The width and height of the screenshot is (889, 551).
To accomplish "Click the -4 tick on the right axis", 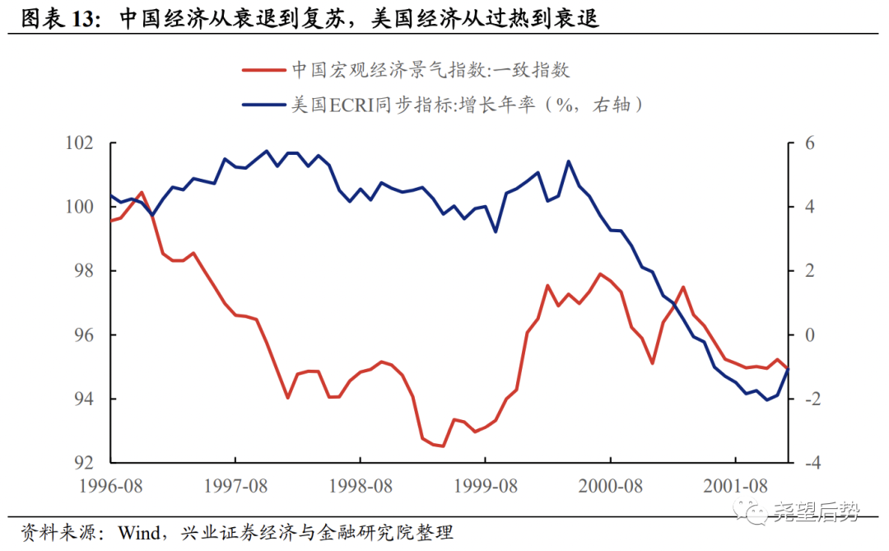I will click(x=803, y=463).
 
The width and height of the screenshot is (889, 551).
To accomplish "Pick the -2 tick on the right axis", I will click(x=803, y=399).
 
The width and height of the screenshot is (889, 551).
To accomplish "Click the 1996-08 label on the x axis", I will click(x=112, y=486).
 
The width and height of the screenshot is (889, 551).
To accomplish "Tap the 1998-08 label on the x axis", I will click(x=361, y=486).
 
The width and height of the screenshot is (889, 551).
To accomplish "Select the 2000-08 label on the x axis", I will click(x=610, y=486).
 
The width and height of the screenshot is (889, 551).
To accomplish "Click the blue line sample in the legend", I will click(x=263, y=105).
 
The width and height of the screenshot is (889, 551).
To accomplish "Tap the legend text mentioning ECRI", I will click(x=467, y=105).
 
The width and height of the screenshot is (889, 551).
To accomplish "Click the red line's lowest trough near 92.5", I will click(x=443, y=446).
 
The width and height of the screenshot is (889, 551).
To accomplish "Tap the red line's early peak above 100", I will click(x=142, y=192).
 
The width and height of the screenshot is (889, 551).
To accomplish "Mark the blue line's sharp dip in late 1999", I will click(x=496, y=231).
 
